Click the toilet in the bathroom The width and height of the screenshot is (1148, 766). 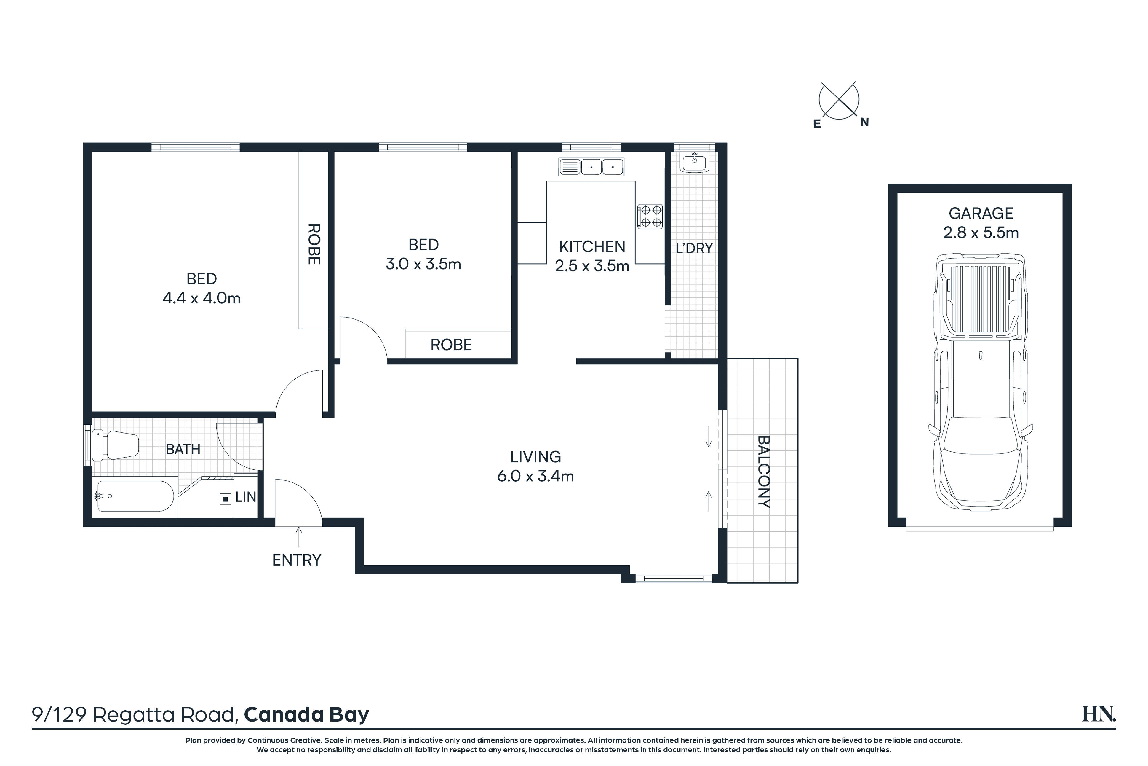click(115, 445)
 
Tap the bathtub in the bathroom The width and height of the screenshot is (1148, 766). click(136, 496)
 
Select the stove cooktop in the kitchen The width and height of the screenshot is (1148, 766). click(650, 216)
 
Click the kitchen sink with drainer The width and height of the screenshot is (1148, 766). click(591, 167)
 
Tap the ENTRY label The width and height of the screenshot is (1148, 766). click(297, 560)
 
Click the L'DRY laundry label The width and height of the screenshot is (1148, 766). click(694, 249)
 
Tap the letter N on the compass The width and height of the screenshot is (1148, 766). click(864, 122)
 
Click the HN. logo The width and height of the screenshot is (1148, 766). click(1099, 714)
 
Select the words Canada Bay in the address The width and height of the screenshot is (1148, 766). click(306, 715)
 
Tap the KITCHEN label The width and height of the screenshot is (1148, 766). click(592, 247)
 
